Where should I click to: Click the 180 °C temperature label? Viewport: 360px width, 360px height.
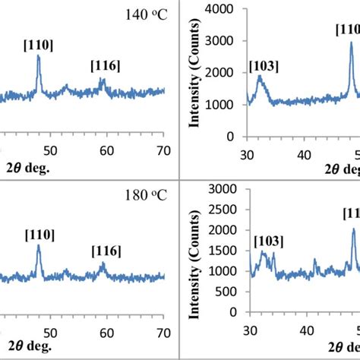[145, 197]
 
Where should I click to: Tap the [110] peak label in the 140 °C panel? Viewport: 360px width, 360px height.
[38, 45]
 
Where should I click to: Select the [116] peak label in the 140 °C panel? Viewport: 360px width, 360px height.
[105, 65]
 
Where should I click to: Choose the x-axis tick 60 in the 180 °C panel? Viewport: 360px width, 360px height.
[107, 332]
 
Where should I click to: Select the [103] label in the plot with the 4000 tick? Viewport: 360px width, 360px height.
[263, 67]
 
